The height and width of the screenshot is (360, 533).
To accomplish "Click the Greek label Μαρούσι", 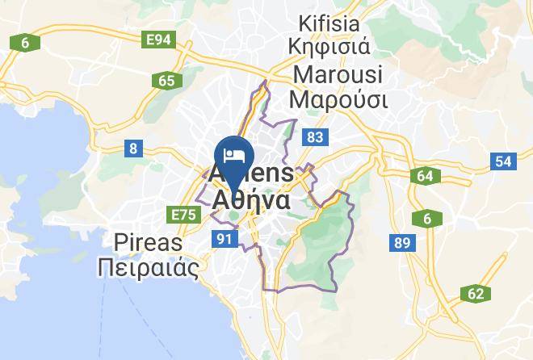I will [339, 100].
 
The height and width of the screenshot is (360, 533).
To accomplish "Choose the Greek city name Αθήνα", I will [251, 199].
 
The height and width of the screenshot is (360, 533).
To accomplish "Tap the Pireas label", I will [149, 242].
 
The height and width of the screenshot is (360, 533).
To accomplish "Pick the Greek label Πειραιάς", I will [147, 268].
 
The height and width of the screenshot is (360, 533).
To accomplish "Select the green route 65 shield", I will [167, 80].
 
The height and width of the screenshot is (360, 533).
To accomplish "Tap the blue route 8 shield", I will [132, 148].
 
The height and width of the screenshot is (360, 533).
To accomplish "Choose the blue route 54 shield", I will [504, 161].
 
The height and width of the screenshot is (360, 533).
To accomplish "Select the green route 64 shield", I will [426, 176].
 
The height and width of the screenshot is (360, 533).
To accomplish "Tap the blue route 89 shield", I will [400, 241].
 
